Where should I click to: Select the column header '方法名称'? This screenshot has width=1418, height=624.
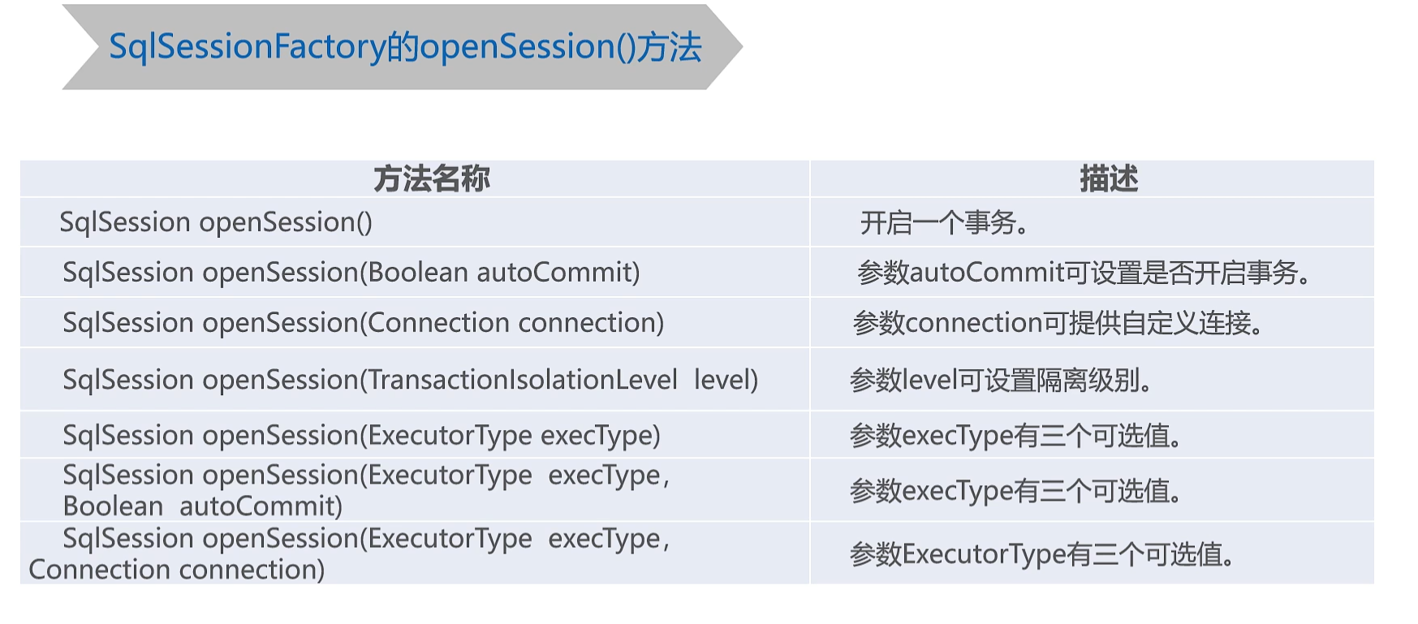coord(431,179)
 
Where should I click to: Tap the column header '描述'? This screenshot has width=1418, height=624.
coord(1109,179)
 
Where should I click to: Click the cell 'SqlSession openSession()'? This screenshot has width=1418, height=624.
coord(216,222)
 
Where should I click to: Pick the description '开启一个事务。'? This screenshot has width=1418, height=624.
coord(944,222)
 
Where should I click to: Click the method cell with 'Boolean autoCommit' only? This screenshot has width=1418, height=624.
coord(351,273)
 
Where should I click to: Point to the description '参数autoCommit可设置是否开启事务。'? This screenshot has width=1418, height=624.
coord(1084,273)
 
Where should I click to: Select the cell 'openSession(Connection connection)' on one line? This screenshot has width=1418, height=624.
coord(363,323)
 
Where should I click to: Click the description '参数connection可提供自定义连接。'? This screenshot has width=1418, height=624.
coord(1058,323)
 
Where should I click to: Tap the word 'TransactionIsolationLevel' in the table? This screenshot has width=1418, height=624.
coord(522,380)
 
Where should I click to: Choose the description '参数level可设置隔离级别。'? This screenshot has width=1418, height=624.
coord(1001,380)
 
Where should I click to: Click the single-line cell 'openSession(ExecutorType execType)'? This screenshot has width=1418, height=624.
coord(361,436)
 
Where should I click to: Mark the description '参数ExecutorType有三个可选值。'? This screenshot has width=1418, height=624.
coord(1042,554)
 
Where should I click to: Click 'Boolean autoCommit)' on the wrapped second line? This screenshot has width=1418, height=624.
coord(202,506)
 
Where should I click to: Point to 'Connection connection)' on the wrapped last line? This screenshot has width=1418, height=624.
coord(177,570)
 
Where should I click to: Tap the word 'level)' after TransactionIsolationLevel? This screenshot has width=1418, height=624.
coord(726,380)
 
